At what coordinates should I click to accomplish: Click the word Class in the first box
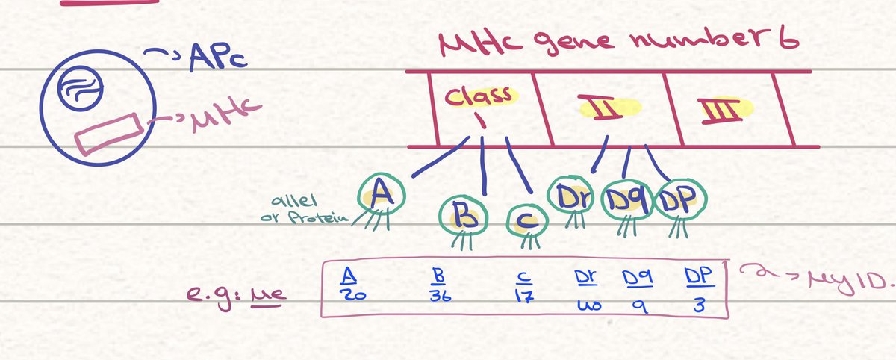tap(478, 96)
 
